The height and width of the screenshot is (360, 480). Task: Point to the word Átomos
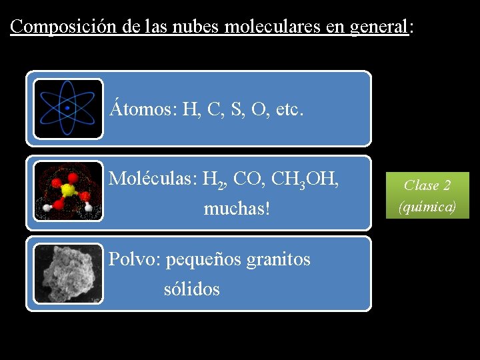coord(141,109)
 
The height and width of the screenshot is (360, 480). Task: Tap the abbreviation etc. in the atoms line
coord(289,109)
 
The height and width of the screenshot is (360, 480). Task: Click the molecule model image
coord(68,191)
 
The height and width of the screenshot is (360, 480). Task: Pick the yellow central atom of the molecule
coord(67,191)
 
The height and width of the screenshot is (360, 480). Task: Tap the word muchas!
coord(237,209)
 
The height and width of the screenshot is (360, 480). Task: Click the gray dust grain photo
coord(68,273)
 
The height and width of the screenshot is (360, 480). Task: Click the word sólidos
coord(191,289)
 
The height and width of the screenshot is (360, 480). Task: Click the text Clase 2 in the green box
coord(427,185)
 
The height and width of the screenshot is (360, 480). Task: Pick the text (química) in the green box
coord(427,207)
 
